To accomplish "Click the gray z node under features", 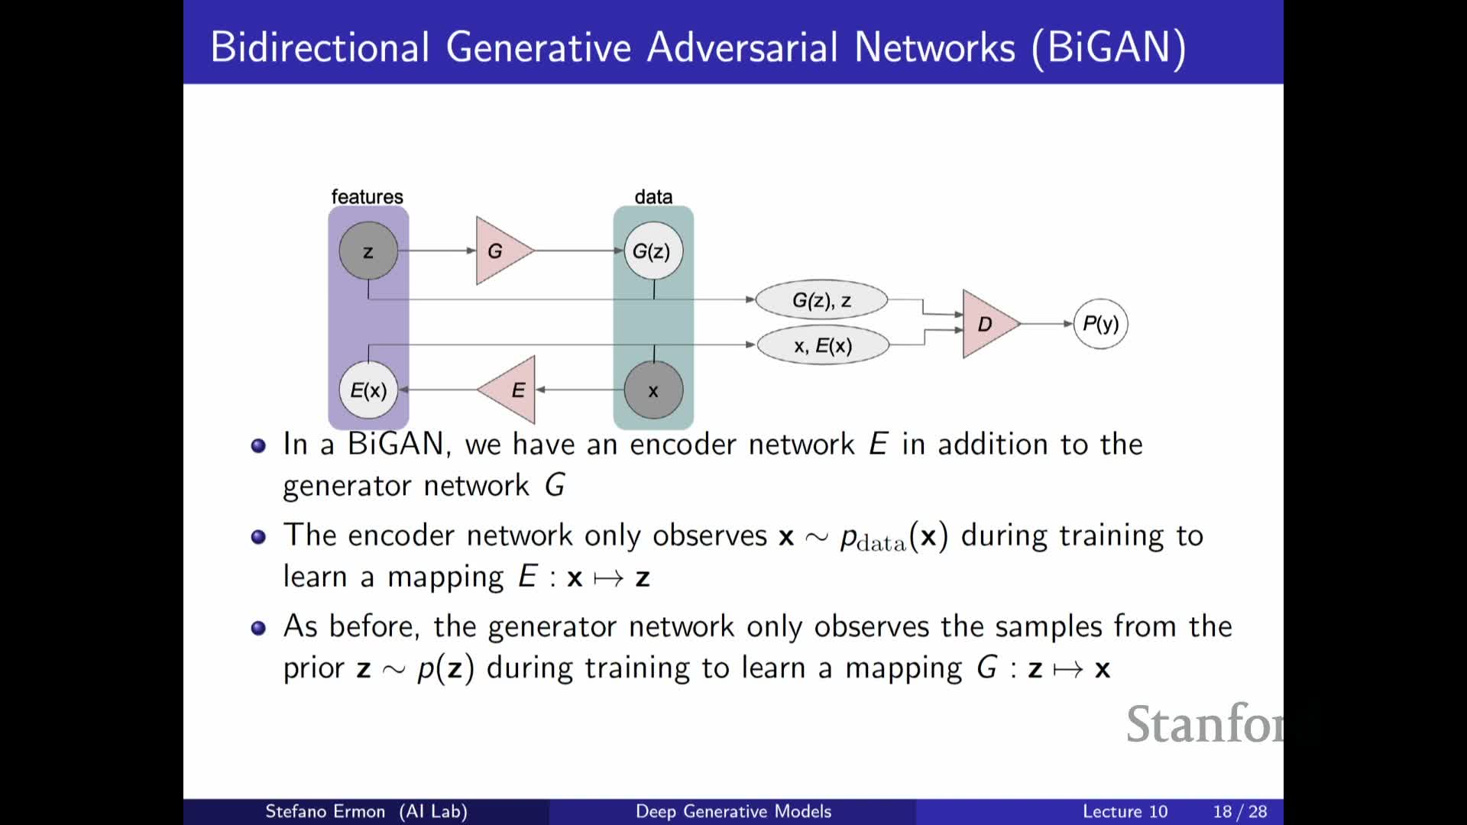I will (368, 251).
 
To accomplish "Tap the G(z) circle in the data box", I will (653, 251).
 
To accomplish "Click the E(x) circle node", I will (368, 390).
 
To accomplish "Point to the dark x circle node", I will (653, 390).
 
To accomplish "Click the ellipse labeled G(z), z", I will (821, 300).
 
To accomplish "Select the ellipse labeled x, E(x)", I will (823, 345).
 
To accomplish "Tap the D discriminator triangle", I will (987, 324).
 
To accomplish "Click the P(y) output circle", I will (1100, 324).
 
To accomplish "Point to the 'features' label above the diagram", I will (367, 196).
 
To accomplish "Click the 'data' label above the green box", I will (653, 196).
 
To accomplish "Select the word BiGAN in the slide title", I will (1109, 47).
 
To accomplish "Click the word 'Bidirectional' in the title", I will (320, 47).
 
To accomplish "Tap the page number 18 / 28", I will (1239, 811).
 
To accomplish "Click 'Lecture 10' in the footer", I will (1125, 811).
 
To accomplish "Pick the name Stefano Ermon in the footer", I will (325, 811).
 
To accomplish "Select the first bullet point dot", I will (258, 445).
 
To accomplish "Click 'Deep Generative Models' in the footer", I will (733, 811).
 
